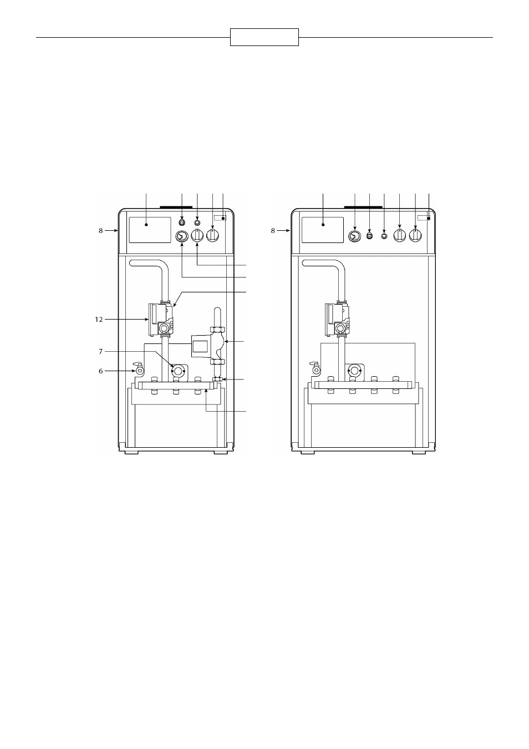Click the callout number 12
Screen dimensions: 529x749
[x=99, y=320]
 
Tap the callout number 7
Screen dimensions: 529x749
[x=100, y=351]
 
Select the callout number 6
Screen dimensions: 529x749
[x=100, y=371]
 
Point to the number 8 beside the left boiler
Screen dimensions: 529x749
[x=100, y=231]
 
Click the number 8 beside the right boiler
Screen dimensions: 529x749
[x=273, y=231]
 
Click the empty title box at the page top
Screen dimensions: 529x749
[x=264, y=37]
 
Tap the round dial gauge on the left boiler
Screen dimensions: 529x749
[x=182, y=236]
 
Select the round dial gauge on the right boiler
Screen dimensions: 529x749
[x=354, y=236]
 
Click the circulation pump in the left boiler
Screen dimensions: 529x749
[x=208, y=346]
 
